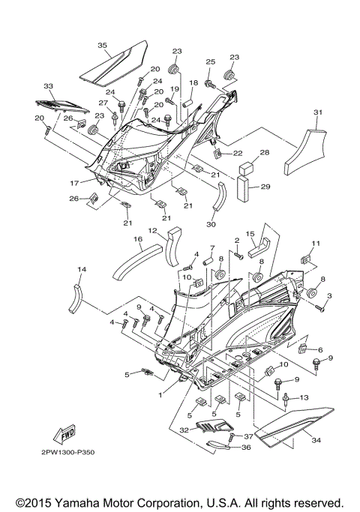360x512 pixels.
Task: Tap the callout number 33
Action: coord(49,86)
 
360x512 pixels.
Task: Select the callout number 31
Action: coord(317,112)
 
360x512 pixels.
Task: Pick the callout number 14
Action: coord(82,268)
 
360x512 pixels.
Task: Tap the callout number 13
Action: coord(304,397)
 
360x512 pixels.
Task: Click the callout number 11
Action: coord(316,244)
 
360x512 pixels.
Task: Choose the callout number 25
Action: coord(211,61)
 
